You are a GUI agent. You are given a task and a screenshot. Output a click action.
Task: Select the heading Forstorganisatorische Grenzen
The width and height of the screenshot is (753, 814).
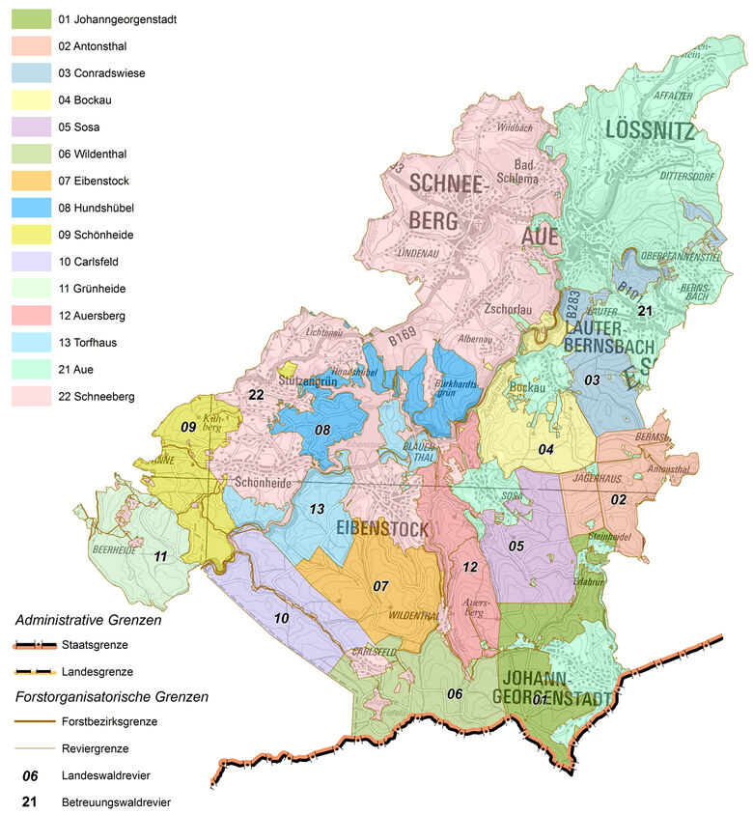[x=112, y=695]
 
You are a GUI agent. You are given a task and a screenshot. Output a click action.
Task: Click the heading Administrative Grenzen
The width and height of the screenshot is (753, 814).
[x=88, y=621]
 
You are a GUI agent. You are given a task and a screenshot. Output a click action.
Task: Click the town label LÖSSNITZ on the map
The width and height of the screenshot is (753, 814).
[x=650, y=130]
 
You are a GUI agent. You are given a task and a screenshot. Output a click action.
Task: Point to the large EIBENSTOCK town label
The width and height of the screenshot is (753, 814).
[x=382, y=528]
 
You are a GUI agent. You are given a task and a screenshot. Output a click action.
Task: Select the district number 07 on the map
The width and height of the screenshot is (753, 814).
[x=381, y=585]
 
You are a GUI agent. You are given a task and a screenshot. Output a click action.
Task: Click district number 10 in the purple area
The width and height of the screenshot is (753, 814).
[x=281, y=617]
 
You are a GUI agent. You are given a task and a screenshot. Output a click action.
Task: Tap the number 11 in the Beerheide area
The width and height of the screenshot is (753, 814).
[x=160, y=555]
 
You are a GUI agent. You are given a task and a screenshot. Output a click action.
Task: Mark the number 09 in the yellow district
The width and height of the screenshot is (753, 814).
[x=188, y=427]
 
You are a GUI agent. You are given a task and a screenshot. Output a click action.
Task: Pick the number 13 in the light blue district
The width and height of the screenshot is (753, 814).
[x=315, y=509]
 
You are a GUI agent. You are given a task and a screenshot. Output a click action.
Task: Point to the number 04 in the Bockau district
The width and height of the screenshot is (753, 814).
[x=546, y=449]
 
